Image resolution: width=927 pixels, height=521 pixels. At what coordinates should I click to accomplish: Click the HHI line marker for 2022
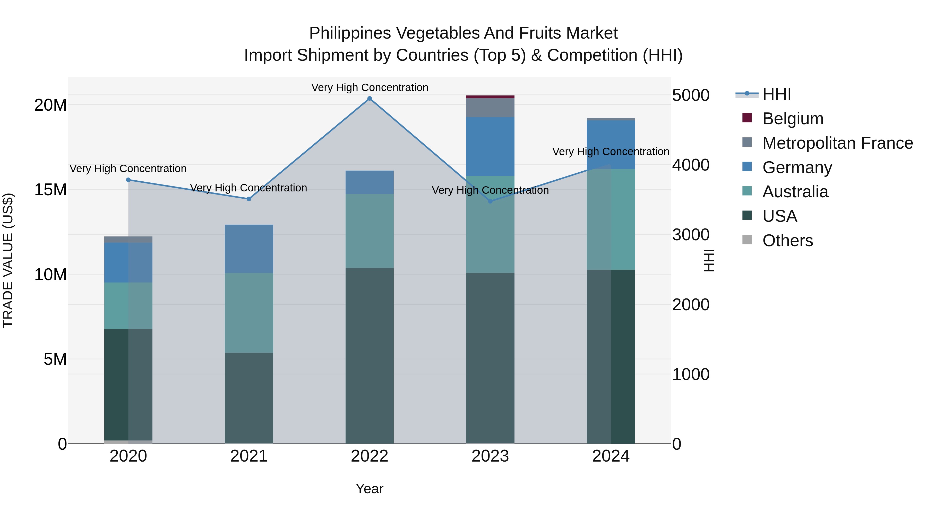point(370,99)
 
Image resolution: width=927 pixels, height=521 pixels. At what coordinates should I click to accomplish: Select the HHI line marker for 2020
point(128,180)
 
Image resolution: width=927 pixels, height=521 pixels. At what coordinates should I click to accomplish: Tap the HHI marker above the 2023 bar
point(490,201)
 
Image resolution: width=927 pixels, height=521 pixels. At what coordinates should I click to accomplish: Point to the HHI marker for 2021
point(249,199)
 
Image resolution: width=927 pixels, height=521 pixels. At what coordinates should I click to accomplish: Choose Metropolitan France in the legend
point(837,143)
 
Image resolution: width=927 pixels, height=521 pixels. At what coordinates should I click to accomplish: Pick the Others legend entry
point(787,241)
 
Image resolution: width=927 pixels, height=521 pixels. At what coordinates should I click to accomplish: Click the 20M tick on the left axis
point(50,105)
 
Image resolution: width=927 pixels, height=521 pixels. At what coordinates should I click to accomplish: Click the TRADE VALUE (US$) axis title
point(8,260)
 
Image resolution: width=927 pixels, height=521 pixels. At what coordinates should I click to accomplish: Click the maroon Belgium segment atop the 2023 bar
point(490,97)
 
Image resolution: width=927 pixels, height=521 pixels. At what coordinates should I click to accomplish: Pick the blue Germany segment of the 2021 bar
point(249,249)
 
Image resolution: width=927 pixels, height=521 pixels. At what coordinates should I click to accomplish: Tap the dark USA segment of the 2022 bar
point(370,356)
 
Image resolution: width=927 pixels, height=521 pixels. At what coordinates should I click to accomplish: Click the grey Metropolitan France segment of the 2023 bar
point(490,108)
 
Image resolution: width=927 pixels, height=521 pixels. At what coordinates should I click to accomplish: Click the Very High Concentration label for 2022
point(370,88)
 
